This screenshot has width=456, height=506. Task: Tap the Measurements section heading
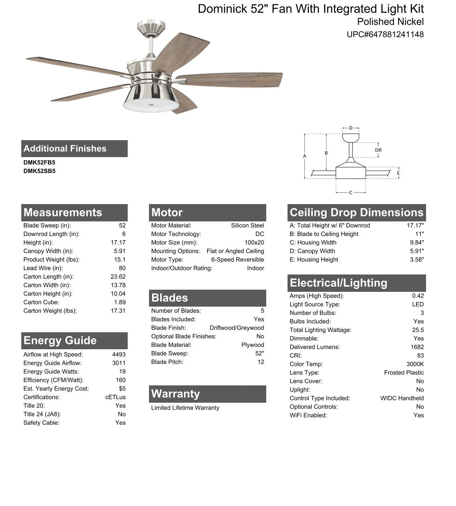click(63, 212)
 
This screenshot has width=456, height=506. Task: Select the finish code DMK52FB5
click(39, 163)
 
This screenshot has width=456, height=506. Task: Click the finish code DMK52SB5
click(39, 171)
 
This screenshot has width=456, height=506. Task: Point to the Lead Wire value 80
click(122, 268)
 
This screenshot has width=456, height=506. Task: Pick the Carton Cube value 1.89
click(120, 302)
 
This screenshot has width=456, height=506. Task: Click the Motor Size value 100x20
click(254, 243)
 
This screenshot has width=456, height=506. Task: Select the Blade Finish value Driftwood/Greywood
click(237, 328)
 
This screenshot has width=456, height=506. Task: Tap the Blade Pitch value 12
click(260, 362)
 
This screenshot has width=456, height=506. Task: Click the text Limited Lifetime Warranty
click(185, 408)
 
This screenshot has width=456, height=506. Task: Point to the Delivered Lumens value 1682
click(417, 347)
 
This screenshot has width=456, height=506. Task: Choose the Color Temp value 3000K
click(415, 364)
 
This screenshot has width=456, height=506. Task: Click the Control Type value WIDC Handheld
click(402, 398)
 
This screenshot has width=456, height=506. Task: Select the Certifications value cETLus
click(115, 397)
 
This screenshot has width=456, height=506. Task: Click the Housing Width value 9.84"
click(417, 243)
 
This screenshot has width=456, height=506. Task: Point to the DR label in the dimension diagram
click(378, 150)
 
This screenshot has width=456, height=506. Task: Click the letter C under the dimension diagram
click(351, 193)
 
